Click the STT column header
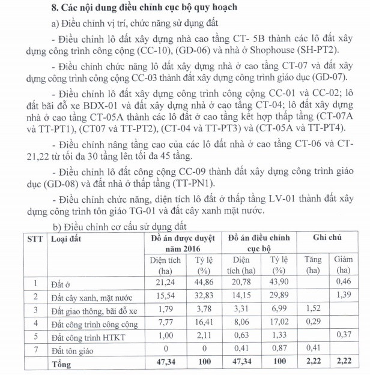(x=35, y=239)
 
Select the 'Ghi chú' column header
(x=328, y=238)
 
